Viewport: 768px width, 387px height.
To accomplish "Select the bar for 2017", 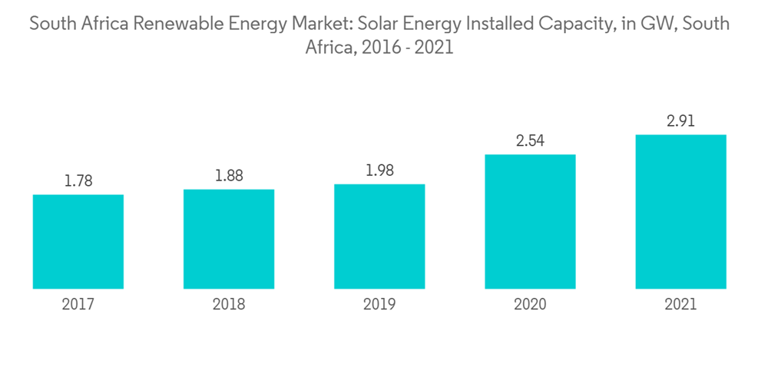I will coord(78,241).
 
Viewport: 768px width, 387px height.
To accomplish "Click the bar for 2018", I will coord(229,239).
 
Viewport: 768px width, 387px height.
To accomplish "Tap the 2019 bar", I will coord(379,237).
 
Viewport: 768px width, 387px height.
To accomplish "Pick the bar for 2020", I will coord(530,221).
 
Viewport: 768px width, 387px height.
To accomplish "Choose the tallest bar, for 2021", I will coord(680,211).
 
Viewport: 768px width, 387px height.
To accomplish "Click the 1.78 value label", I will coord(78,181).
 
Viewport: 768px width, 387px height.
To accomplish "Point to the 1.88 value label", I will coord(229,176).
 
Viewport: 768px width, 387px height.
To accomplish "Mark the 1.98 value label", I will coord(379,170).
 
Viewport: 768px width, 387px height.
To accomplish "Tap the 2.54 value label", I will coord(530,141).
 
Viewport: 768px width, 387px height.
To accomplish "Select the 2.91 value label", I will coord(680,121).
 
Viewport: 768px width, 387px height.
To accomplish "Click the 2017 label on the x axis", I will coord(78,305).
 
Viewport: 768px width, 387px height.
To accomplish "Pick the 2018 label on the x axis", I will coord(229,305).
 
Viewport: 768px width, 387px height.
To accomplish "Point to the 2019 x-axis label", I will coord(379,305).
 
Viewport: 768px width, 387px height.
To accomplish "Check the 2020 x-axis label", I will coord(530,305).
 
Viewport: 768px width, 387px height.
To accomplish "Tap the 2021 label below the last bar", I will coord(680,305).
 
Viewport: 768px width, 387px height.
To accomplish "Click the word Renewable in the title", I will coord(174,24).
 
